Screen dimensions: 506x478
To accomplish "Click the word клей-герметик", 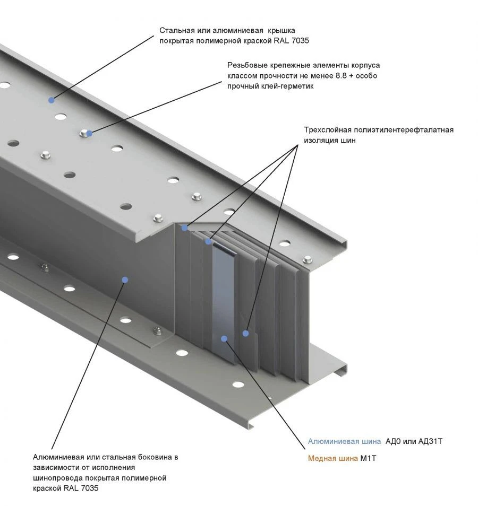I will [x=288, y=86].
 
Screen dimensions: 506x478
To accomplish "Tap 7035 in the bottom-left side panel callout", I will [x=88, y=488].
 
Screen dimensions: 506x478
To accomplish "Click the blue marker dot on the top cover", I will [x=52, y=100].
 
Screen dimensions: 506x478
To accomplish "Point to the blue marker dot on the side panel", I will [x=125, y=280].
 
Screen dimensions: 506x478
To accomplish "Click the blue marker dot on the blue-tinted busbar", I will [x=225, y=338].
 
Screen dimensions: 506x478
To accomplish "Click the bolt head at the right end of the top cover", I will [x=307, y=260].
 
